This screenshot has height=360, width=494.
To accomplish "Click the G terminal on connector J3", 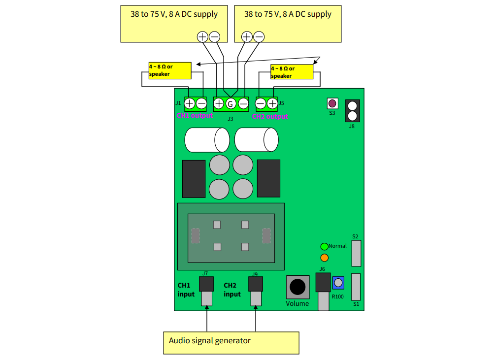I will pos(231,104).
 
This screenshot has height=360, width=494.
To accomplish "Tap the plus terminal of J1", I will pos(190,103).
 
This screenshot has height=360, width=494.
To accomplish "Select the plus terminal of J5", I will pos(272,103).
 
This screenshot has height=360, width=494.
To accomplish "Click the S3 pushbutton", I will pos(332,103).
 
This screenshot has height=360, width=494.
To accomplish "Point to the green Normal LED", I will pos(324,247).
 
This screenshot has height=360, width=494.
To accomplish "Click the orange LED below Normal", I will pos(324,258).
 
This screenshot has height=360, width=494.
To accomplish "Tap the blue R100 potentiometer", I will pos(338,283).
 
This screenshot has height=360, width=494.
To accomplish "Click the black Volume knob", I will pos(297,287).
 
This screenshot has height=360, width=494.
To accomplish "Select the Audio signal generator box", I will pos(231,343).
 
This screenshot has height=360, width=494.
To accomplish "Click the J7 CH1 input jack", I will pos(206,284).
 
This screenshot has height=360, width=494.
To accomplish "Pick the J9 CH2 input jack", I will pos(256,284).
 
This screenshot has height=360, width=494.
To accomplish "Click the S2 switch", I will pos(356,253).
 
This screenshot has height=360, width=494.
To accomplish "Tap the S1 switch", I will pos(356,287).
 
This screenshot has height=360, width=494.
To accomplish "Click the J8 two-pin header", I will pos(352,111).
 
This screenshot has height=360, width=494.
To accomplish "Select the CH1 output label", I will pos(195,116).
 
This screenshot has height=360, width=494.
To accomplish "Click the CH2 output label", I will pos(270,117).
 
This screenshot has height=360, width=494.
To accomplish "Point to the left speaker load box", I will pos(170,70).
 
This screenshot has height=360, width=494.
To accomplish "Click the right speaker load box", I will pos(292,72).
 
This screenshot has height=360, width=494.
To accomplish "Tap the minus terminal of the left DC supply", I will pos(215,36).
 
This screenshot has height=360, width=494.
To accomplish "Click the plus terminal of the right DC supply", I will pos(247,36).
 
